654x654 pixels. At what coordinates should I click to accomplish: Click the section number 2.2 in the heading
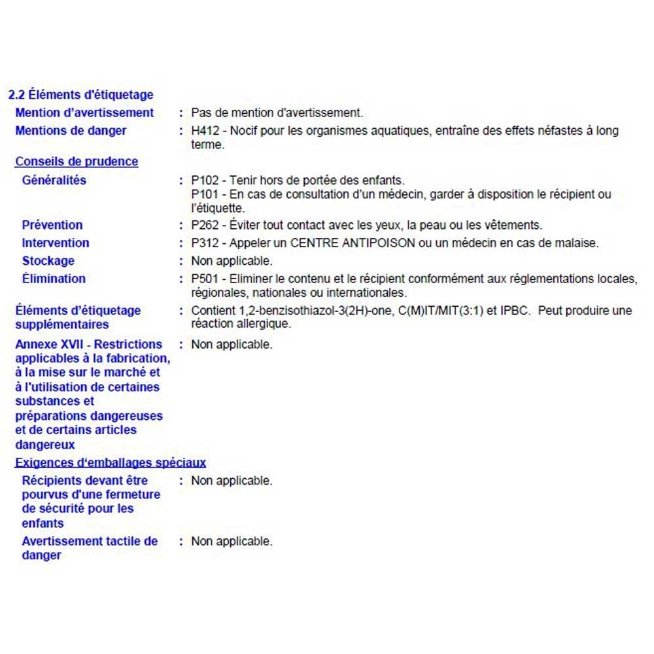pos(16,95)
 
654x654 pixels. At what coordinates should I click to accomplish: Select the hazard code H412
pos(205,131)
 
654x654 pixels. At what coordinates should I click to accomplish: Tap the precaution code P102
pos(205,180)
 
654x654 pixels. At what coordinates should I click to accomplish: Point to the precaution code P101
pos(205,194)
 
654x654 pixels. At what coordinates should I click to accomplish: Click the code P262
pos(205,225)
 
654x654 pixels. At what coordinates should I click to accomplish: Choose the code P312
pos(205,243)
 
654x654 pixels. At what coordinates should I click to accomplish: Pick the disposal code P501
pos(205,279)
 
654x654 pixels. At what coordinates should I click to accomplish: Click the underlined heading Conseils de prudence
pos(77,162)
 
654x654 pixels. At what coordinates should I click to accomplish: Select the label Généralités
pos(54,180)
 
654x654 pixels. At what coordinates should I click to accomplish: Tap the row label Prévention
pos(52,225)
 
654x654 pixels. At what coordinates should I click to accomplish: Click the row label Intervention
pos(56,243)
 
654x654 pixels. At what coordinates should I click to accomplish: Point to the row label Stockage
pos(48,261)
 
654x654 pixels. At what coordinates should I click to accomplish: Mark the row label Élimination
pos(54,279)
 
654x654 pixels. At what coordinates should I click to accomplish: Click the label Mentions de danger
pos(71,131)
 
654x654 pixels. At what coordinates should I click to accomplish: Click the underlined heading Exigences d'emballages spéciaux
pos(111,463)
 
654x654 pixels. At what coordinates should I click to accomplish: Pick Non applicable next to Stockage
pos(232,261)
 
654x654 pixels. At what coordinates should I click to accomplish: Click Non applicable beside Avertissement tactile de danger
pos(232,542)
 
